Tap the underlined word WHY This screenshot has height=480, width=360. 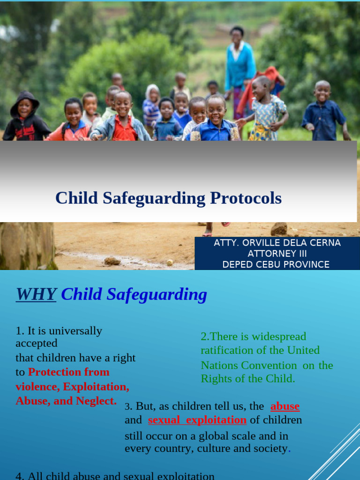coord(36,294)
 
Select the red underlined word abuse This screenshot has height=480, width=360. coord(285,406)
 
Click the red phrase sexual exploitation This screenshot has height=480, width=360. coord(197,420)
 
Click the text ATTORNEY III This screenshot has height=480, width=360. coord(278,254)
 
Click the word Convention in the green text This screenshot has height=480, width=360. coord(269,365)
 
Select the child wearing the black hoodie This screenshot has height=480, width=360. coord(26,117)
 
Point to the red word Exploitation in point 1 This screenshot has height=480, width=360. coord(96,387)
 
